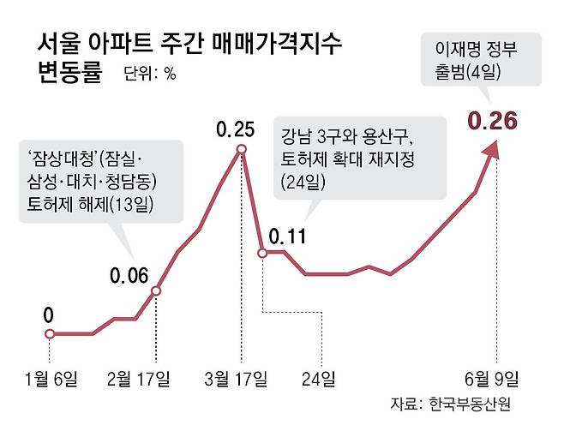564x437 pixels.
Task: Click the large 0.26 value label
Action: click(491, 122)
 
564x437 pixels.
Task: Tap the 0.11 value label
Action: click(288, 235)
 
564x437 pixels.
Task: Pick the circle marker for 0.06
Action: click(157, 290)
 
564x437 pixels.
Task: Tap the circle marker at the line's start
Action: click(50, 333)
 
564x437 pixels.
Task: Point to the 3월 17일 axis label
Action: click(240, 377)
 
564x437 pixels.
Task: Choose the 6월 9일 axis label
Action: click(491, 377)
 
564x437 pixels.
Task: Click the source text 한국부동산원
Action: click(471, 404)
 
